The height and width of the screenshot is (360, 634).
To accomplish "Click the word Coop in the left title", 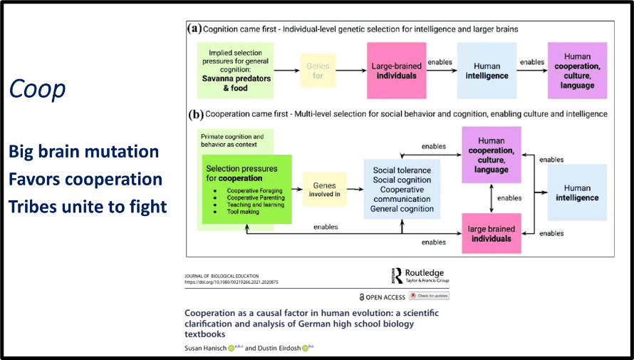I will [38, 88].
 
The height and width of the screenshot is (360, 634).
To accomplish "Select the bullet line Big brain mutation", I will [83, 152].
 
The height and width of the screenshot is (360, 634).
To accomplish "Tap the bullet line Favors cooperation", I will [85, 179].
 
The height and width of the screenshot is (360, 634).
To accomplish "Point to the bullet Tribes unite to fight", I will [88, 207].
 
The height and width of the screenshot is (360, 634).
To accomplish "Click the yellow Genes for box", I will [318, 71].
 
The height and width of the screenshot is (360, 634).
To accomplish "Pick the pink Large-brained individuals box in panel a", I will [396, 71].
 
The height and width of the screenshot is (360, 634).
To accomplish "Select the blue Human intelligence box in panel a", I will [487, 71].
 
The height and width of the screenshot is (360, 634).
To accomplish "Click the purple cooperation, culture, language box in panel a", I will [577, 69].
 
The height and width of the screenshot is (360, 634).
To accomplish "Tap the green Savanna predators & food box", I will [235, 70].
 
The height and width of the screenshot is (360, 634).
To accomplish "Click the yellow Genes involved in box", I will [324, 190].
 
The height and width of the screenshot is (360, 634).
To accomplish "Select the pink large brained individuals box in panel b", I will [491, 234].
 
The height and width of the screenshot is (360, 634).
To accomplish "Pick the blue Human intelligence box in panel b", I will [577, 192].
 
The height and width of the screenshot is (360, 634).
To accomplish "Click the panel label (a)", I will [194, 29].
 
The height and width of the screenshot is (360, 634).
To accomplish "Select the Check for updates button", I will [429, 296].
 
